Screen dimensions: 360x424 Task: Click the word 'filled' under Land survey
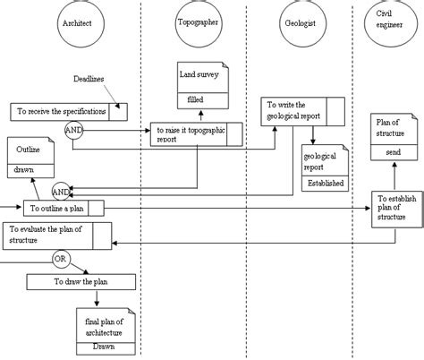pyautogui.click(x=201, y=101)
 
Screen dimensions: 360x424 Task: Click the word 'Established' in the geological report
pyautogui.click(x=326, y=184)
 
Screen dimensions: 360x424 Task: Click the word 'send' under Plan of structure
pyautogui.click(x=393, y=153)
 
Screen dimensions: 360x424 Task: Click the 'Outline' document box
pyautogui.click(x=30, y=157)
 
